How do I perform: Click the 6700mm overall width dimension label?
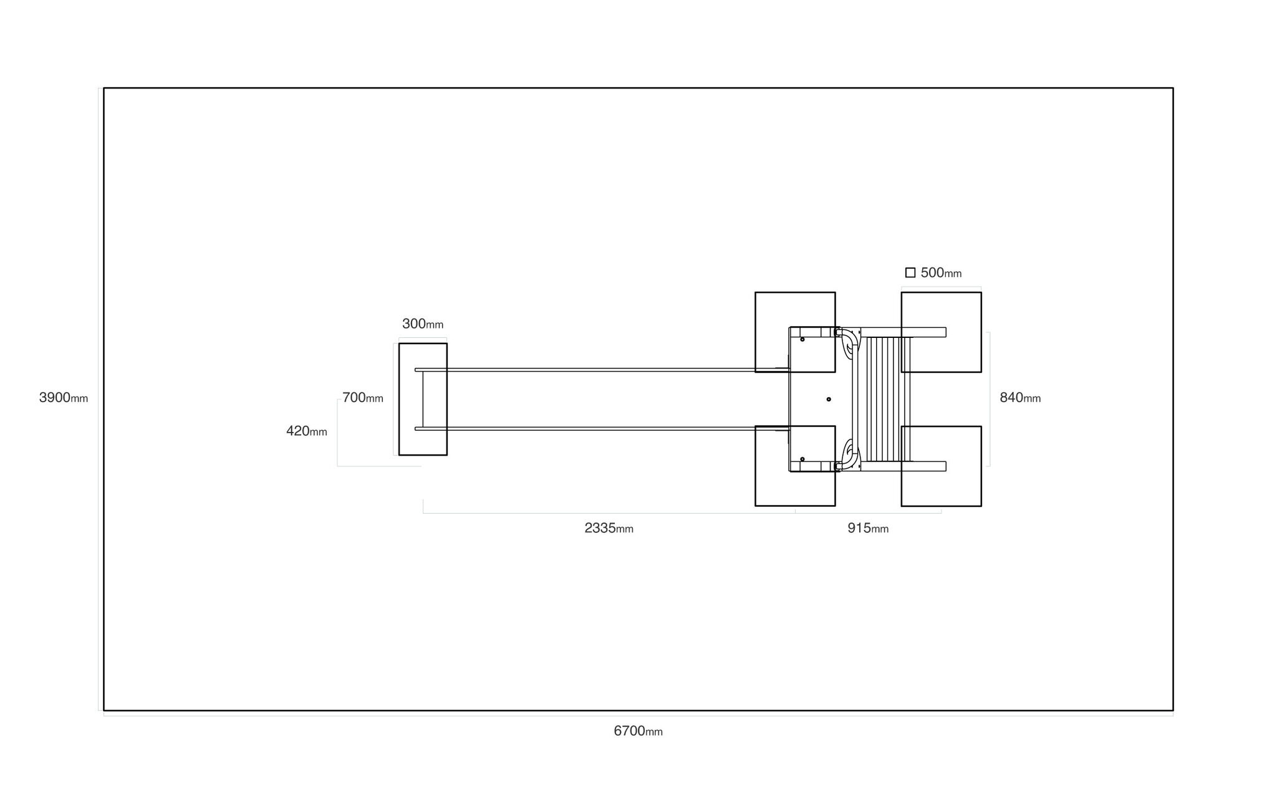pos(638,731)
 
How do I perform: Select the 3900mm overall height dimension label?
pos(64,398)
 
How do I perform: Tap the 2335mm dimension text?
pos(609,528)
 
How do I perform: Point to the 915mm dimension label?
pos(867,528)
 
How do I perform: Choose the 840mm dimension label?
pos(1020,398)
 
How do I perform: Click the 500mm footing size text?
pos(941,272)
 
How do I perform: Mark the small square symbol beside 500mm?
pos(910,272)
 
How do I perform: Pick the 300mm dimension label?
pos(423,324)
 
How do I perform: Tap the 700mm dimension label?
pos(363,398)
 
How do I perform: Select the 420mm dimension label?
pos(307,431)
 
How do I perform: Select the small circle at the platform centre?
pos(829,399)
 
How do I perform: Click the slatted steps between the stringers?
pos(885,399)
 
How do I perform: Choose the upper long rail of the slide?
pos(602,370)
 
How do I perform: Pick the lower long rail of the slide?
pos(602,428)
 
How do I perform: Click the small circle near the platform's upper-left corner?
pos(802,339)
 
